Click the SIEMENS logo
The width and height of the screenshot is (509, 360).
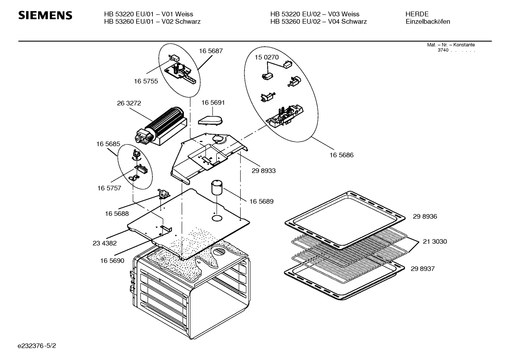pyautogui.click(x=45, y=16)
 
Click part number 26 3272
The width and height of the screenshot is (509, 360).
pyautogui.click(x=129, y=103)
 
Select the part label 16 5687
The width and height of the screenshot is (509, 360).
pyautogui.click(x=211, y=51)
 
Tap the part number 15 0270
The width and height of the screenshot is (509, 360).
pyautogui.click(x=267, y=57)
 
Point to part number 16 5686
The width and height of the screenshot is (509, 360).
pyautogui.click(x=341, y=155)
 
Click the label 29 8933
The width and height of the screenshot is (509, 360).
pyautogui.click(x=264, y=171)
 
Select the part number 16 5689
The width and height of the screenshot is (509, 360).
pyautogui.click(x=261, y=201)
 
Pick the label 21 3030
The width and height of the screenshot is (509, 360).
pyautogui.click(x=435, y=242)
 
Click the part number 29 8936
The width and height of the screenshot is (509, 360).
pyautogui.click(x=425, y=217)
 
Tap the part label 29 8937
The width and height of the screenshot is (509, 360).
pyautogui.click(x=423, y=269)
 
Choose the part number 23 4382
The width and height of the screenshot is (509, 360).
pyautogui.click(x=104, y=243)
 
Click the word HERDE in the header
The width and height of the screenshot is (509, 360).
pyautogui.click(x=417, y=14)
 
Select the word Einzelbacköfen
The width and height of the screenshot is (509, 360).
pyautogui.click(x=428, y=22)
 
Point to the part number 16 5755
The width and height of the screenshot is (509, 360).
pyautogui.click(x=146, y=81)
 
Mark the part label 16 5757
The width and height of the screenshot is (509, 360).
pyautogui.click(x=109, y=188)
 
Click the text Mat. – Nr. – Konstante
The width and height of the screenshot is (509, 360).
pyautogui.click(x=451, y=45)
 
